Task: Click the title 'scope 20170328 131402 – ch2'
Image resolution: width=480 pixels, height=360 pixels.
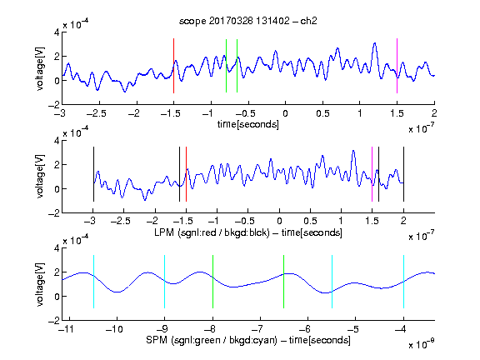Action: (x=248, y=21)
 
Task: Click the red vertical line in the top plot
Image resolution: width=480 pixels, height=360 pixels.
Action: (x=173, y=66)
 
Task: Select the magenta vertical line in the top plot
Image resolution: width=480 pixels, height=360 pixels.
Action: (x=397, y=66)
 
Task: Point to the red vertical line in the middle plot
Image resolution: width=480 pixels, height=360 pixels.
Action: (x=186, y=174)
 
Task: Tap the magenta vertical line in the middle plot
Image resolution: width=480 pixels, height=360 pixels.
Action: (x=372, y=174)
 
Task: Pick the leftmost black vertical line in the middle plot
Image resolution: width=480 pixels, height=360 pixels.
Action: (x=93, y=174)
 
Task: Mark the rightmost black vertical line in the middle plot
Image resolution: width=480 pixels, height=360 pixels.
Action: (x=403, y=174)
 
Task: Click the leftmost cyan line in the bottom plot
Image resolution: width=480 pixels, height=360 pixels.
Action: (x=93, y=282)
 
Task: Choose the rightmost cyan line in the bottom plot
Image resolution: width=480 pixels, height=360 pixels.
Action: (x=403, y=282)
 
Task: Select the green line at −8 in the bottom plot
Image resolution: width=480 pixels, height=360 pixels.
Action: (x=212, y=282)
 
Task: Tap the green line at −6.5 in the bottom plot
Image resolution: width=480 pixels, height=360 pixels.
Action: (x=284, y=282)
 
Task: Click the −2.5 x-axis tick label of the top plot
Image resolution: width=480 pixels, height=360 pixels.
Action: (x=97, y=113)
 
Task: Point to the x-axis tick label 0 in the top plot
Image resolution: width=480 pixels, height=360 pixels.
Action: (x=285, y=113)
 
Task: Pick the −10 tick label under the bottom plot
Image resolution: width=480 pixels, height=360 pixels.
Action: (x=114, y=329)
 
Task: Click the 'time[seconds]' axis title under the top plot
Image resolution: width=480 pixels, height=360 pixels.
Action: (x=248, y=124)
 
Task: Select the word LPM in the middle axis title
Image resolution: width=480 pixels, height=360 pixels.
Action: (x=164, y=232)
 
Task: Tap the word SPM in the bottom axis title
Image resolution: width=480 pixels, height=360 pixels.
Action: (x=157, y=340)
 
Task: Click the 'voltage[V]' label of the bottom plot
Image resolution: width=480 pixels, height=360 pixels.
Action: (x=40, y=284)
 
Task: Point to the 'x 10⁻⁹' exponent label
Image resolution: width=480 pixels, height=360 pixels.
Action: (x=422, y=344)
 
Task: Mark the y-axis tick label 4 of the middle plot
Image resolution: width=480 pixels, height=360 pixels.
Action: (x=57, y=141)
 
